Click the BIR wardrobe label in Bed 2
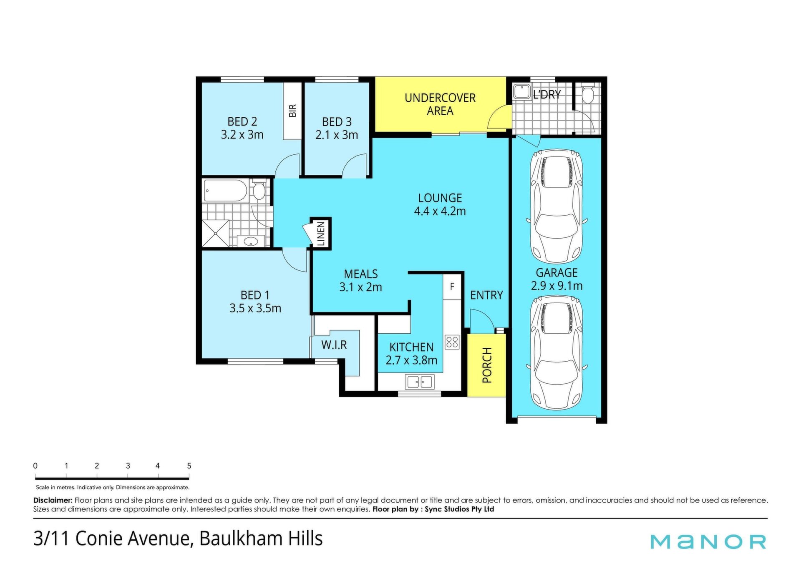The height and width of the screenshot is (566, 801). pyautogui.click(x=292, y=111)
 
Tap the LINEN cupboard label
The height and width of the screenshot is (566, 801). pyautogui.click(x=321, y=234)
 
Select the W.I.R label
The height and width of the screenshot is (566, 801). pyautogui.click(x=334, y=345)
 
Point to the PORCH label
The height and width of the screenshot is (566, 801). pyautogui.click(x=487, y=365)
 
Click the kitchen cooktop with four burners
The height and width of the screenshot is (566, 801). pyautogui.click(x=452, y=342)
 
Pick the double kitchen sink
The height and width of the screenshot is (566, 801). pyautogui.click(x=420, y=382)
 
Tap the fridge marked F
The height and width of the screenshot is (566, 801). pyautogui.click(x=452, y=287)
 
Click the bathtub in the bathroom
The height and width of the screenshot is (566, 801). pyautogui.click(x=225, y=191)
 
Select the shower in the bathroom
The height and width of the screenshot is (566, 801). pyautogui.click(x=216, y=233)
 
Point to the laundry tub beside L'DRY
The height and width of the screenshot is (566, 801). pyautogui.click(x=521, y=92)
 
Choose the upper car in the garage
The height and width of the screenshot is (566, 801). pyautogui.click(x=557, y=206)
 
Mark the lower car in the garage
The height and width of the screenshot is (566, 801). pyautogui.click(x=557, y=352)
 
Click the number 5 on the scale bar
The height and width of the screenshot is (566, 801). pyautogui.click(x=189, y=466)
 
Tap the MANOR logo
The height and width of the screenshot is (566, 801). pyautogui.click(x=708, y=541)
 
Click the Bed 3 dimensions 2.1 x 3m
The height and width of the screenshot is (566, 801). pyautogui.click(x=337, y=135)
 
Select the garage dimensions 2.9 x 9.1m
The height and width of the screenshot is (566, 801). pyautogui.click(x=557, y=286)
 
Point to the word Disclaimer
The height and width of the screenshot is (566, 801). pyautogui.click(x=53, y=500)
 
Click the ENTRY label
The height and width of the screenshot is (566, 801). pyautogui.click(x=486, y=295)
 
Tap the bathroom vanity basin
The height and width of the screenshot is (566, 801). pyautogui.click(x=251, y=241)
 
